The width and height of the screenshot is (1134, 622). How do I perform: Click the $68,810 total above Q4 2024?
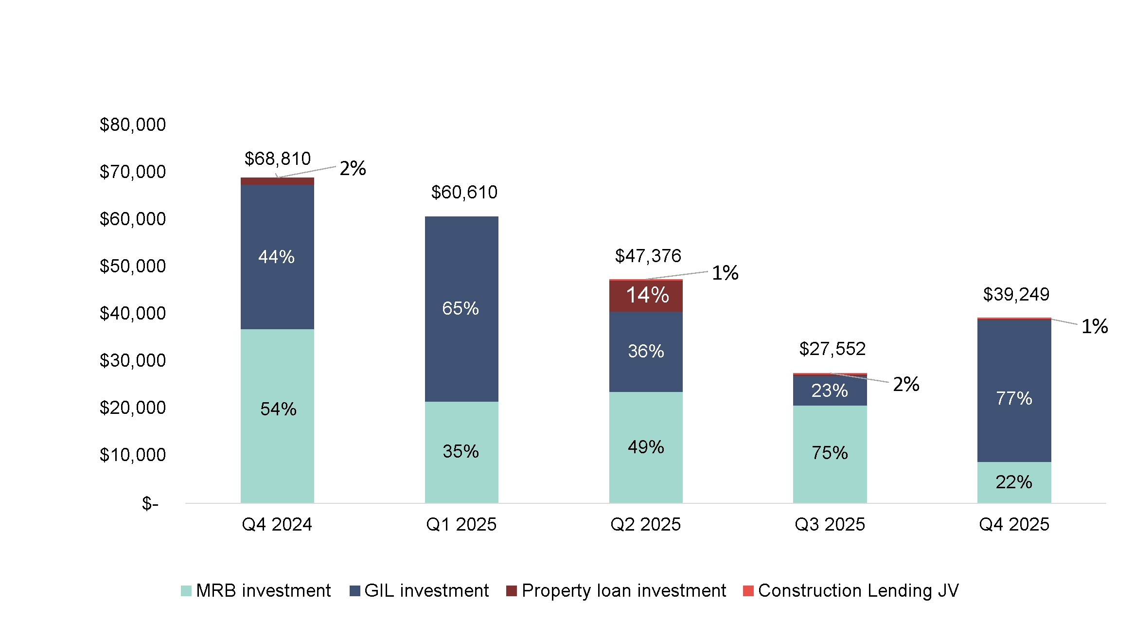[277, 159]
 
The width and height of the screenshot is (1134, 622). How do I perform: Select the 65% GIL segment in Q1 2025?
[461, 308]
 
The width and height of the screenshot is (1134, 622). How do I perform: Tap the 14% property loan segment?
[647, 296]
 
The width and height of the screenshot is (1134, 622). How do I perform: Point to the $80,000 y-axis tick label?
[132, 125]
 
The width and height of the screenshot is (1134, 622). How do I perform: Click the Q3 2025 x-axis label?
[830, 525]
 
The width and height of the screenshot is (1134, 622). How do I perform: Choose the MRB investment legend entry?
[256, 591]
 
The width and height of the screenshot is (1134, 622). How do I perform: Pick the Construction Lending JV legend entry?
[851, 591]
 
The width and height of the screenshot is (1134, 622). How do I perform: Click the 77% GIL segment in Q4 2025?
[1014, 399]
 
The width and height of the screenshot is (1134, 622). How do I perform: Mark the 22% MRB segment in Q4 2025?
[1014, 482]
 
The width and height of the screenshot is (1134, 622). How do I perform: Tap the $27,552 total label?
[832, 349]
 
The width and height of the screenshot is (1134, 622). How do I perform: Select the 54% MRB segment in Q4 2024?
[278, 409]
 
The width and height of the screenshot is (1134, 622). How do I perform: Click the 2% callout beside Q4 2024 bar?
[353, 169]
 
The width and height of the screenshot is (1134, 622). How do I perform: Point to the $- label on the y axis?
[150, 503]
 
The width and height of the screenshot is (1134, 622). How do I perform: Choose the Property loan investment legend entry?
[616, 591]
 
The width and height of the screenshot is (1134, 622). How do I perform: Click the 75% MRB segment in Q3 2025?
[830, 453]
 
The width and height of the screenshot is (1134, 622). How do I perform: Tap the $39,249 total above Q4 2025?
[1016, 295]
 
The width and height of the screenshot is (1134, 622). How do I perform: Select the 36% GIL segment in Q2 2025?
[646, 351]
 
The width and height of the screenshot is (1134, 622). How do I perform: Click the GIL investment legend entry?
[419, 591]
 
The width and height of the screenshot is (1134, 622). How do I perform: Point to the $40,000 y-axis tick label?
[132, 314]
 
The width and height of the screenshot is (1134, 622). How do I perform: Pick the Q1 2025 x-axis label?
[461, 525]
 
